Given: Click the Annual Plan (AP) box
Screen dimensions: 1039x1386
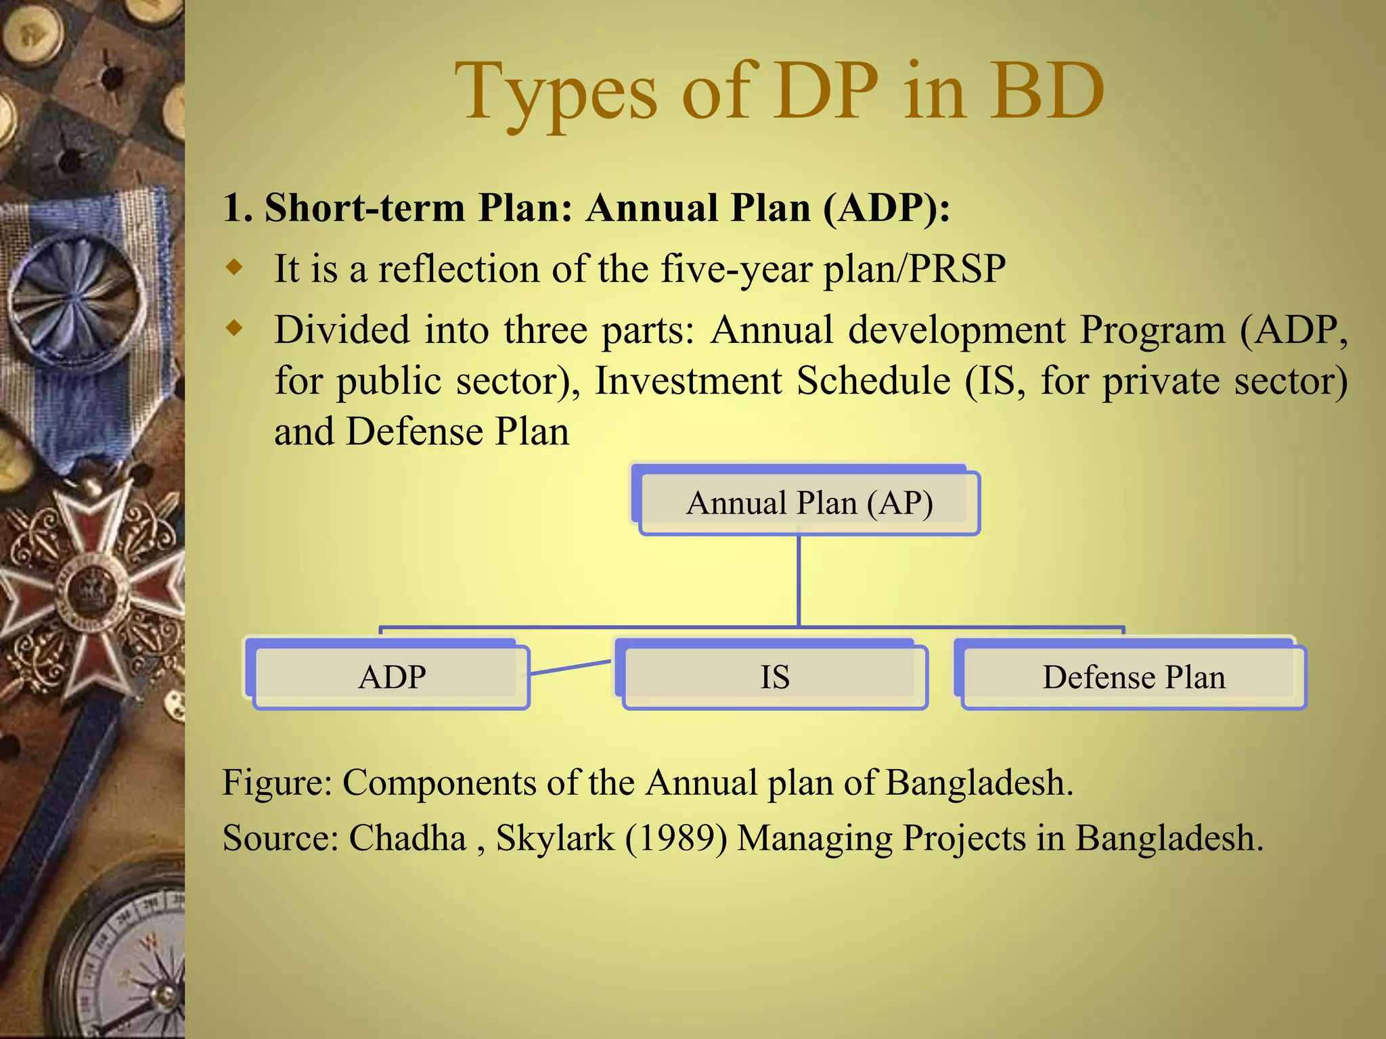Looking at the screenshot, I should click(x=809, y=503).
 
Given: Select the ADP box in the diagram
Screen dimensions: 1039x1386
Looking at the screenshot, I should click(x=392, y=676).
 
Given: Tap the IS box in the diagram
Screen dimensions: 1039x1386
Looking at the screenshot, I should click(x=775, y=676).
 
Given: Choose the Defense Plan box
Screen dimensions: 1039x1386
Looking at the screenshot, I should click(x=1134, y=676).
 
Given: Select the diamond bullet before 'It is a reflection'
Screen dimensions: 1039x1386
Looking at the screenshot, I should click(x=234, y=269).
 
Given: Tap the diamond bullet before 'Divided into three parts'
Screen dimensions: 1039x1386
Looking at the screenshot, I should click(x=234, y=329).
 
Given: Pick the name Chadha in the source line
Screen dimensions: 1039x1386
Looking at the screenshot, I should click(x=407, y=838).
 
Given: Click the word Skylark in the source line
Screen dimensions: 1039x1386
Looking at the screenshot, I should click(x=555, y=838).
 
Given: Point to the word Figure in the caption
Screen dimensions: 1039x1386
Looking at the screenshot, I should click(x=277, y=783).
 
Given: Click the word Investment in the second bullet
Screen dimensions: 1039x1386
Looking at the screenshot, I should click(x=688, y=381).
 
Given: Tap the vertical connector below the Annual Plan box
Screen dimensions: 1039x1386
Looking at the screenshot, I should click(x=799, y=580).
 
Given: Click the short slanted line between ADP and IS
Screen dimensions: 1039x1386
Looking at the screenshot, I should click(x=570, y=668).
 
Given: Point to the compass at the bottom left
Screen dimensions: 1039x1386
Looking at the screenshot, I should click(x=129, y=967).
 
